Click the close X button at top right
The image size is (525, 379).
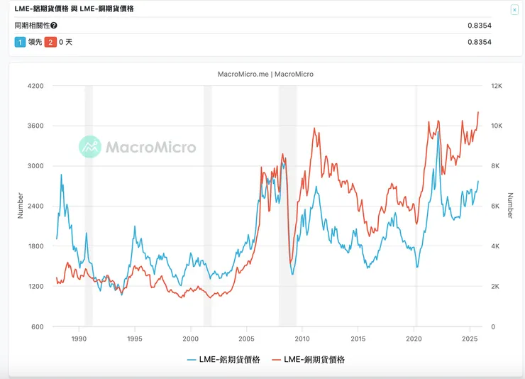pyautogui.click(x=514, y=10)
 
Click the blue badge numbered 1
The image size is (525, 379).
pyautogui.click(x=20, y=42)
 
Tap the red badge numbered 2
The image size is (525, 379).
pyautogui.click(x=50, y=42)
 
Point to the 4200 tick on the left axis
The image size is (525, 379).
pyautogui.click(x=35, y=86)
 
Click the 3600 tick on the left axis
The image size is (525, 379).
pyautogui.click(x=35, y=126)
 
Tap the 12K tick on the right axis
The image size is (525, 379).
pyautogui.click(x=495, y=86)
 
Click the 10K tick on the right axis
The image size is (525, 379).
pyautogui.click(x=495, y=126)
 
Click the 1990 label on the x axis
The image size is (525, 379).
pyautogui.click(x=79, y=339)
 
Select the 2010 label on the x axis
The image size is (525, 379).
pyautogui.click(x=302, y=339)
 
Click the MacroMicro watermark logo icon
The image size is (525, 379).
pyautogui.click(x=90, y=147)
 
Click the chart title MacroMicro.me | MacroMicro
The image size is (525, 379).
pyautogui.click(x=265, y=74)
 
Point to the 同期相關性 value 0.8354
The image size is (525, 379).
pyautogui.click(x=480, y=26)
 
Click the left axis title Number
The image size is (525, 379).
pyautogui.click(x=21, y=206)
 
